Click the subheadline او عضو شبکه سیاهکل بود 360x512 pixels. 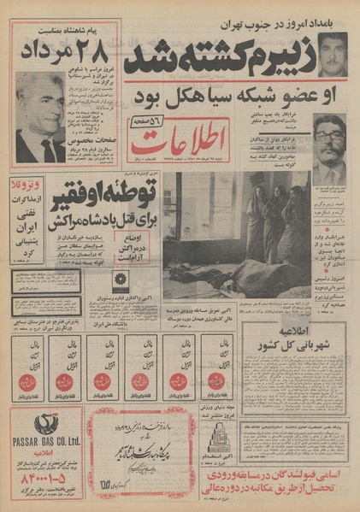230,93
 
